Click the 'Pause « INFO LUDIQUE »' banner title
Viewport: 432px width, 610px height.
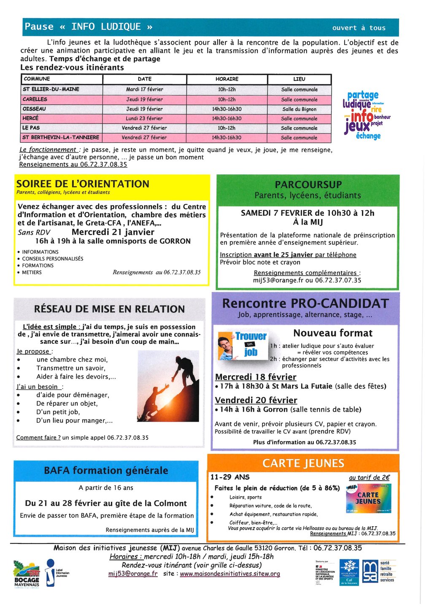point(89,27)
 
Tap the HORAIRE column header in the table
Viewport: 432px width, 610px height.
point(227,79)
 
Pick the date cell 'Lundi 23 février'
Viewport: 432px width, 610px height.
point(144,119)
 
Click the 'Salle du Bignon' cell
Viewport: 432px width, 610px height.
point(299,109)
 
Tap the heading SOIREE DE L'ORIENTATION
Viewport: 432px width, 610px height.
point(83,184)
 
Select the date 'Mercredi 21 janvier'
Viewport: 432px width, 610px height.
point(113,232)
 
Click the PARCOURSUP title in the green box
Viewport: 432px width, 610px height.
point(308,185)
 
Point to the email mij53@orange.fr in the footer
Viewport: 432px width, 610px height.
point(133,574)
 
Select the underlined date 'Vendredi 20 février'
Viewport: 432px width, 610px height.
point(256,400)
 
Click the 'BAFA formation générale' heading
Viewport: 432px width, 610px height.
point(106,471)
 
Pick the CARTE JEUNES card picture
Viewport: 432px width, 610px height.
point(368,498)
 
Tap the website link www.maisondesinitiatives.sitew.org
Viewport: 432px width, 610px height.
point(230,574)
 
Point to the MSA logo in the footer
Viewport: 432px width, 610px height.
point(370,571)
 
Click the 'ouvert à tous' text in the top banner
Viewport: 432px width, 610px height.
point(359,28)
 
